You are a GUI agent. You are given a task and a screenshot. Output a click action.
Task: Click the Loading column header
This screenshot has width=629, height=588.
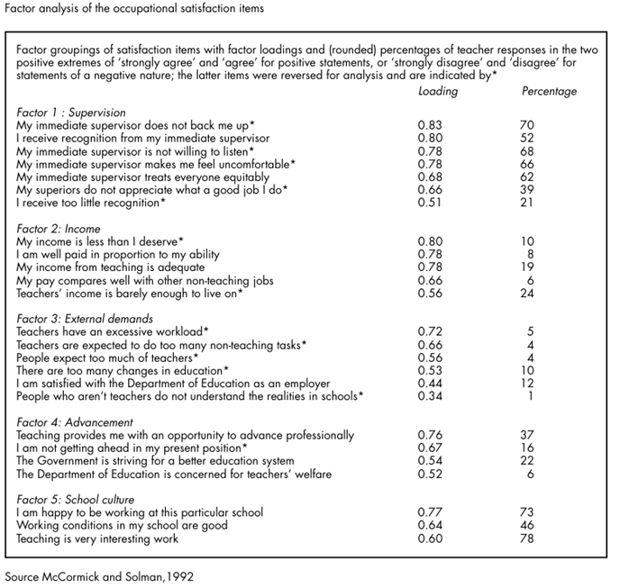click(x=438, y=91)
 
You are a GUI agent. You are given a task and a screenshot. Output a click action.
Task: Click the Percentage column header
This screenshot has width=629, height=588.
click(x=550, y=91)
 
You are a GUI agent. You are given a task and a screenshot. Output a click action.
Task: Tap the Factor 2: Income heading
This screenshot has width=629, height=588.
click(x=59, y=230)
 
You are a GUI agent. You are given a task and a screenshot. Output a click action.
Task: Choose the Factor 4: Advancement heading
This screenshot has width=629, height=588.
click(x=75, y=422)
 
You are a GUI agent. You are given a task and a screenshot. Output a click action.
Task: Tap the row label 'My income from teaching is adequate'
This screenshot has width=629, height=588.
click(x=111, y=267)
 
